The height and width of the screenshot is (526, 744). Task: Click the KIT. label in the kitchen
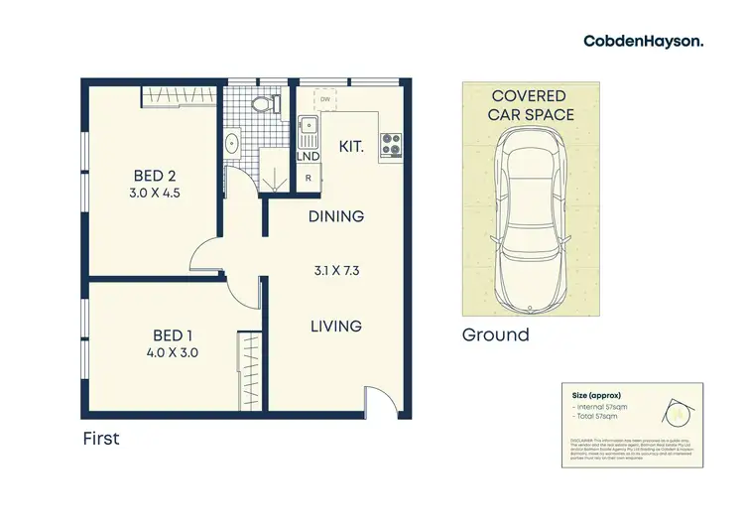[351, 147]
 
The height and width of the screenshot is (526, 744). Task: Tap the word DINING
[335, 216]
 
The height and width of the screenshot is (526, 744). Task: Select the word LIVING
[334, 326]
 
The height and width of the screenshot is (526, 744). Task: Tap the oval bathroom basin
[232, 143]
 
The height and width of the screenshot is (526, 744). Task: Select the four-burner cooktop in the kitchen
[389, 145]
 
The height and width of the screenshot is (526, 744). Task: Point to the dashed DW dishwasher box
[324, 98]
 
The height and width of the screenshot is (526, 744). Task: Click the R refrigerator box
[309, 179]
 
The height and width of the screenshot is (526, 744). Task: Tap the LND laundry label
[308, 157]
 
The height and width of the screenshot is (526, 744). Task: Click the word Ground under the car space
[495, 334]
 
